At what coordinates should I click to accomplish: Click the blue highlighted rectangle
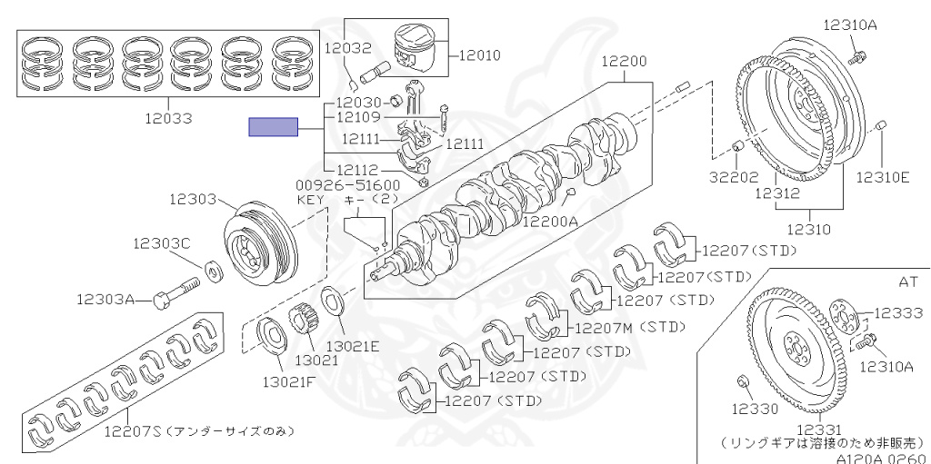click(x=273, y=127)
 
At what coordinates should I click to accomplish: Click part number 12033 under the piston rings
click(x=169, y=119)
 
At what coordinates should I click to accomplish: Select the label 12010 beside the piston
click(x=480, y=55)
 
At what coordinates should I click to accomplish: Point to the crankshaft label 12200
click(x=624, y=62)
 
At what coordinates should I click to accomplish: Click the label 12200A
click(x=550, y=222)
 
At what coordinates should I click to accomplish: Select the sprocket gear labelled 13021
click(x=304, y=325)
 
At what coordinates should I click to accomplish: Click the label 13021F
click(x=289, y=381)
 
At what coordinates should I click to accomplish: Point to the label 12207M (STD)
click(x=630, y=327)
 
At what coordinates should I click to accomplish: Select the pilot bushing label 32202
click(x=734, y=177)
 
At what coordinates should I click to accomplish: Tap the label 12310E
click(x=883, y=177)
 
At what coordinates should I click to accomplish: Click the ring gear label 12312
click(x=778, y=193)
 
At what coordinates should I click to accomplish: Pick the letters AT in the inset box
click(x=908, y=281)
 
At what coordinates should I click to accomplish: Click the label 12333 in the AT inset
click(x=898, y=312)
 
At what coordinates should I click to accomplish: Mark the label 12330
click(x=755, y=409)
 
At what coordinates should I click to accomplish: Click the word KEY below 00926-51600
click(x=311, y=200)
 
